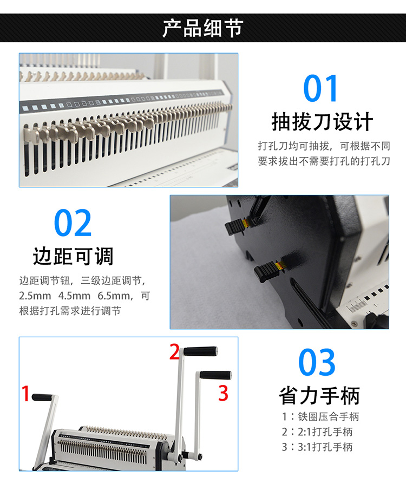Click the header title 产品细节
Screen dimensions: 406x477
[x=203, y=28]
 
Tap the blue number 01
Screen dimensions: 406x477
[x=320, y=89]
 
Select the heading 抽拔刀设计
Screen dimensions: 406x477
[x=322, y=122]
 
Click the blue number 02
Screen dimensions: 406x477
[x=73, y=223]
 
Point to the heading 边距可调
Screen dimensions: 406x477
[x=73, y=256]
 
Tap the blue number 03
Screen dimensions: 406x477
[x=317, y=362]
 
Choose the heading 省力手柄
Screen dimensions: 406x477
[x=319, y=396]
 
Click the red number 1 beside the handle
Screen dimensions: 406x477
[x=25, y=393]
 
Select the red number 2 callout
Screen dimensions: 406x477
[x=174, y=351]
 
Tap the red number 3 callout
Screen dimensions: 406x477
[x=223, y=393]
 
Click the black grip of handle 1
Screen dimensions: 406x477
[x=42, y=397]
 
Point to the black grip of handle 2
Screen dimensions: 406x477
[x=200, y=351]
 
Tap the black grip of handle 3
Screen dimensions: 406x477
[x=215, y=375]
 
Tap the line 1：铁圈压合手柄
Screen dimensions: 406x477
[x=320, y=416]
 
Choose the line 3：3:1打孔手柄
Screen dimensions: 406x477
[x=317, y=447]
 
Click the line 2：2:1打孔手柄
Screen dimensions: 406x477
[x=317, y=432]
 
